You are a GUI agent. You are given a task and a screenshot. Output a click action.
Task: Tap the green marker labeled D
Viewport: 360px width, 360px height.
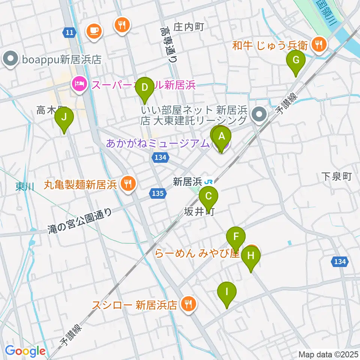(x=144, y=89)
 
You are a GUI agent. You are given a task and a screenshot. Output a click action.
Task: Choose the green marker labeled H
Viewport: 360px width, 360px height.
(x=250, y=258)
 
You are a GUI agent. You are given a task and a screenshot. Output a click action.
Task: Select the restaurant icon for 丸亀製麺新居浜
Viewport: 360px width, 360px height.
(x=128, y=184)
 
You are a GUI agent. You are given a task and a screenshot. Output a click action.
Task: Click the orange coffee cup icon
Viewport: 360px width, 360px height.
(x=94, y=30)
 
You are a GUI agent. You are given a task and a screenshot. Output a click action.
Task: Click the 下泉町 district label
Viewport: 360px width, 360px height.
(x=337, y=176)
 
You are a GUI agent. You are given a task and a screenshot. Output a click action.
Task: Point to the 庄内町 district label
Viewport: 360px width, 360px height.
(x=188, y=27)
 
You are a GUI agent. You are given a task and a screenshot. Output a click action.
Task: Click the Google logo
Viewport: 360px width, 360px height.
(x=25, y=351)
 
